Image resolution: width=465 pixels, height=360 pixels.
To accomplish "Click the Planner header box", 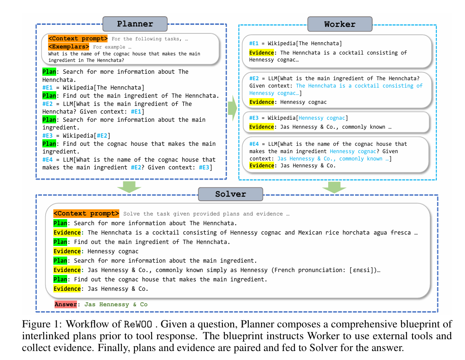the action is click(x=135, y=24).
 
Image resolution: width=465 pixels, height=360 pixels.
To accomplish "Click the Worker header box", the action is click(x=340, y=24).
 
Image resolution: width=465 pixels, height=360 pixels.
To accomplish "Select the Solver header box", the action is click(x=230, y=194).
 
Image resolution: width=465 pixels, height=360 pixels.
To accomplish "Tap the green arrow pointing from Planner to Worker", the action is click(x=233, y=108).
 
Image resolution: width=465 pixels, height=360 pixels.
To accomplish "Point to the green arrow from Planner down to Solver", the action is click(x=129, y=187).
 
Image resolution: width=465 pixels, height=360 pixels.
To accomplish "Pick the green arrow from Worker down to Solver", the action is click(x=334, y=187).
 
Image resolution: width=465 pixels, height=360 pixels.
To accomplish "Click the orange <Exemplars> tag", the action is click(x=68, y=46).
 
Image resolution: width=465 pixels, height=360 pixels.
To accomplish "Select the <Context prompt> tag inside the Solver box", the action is click(x=86, y=213).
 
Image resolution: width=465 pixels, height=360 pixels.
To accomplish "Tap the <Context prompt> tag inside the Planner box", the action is click(x=78, y=39).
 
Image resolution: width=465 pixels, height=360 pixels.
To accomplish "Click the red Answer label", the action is click(x=66, y=304).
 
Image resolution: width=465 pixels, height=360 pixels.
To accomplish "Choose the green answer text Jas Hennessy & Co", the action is click(x=116, y=305).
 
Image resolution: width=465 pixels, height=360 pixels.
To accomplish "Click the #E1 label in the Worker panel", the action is click(x=254, y=43).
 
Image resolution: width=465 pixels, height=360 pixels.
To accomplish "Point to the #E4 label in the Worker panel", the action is click(x=254, y=144).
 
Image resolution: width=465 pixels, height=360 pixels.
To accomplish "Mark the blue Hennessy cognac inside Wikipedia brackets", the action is click(x=322, y=118).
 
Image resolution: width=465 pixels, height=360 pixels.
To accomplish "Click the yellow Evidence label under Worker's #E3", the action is click(x=261, y=127).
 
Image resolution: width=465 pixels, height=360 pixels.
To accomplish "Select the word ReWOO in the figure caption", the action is click(x=138, y=324).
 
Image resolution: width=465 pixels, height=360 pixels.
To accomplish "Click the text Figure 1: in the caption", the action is click(x=42, y=324).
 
